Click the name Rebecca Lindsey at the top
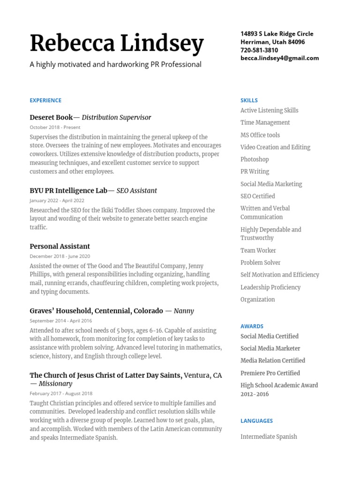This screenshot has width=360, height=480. (x=117, y=44)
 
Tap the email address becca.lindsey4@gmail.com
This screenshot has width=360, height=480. (x=279, y=58)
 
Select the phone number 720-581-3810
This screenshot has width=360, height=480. (x=259, y=50)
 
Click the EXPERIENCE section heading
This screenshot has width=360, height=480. (x=45, y=100)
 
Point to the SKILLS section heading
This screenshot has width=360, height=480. (x=249, y=100)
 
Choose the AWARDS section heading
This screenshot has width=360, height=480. (x=252, y=326)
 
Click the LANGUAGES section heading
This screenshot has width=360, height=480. (x=256, y=421)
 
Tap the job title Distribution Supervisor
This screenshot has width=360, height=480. (x=116, y=118)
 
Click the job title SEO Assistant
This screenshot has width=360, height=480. (x=136, y=191)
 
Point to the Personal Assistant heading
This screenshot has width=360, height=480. (x=60, y=247)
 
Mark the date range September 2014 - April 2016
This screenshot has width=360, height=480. (x=60, y=321)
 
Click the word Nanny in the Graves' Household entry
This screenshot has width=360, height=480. (x=183, y=311)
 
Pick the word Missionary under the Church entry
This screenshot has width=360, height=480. (x=55, y=384)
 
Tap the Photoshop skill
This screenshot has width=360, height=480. (x=255, y=159)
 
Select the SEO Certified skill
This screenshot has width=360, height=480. (x=257, y=196)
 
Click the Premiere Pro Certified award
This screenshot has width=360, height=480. (x=270, y=373)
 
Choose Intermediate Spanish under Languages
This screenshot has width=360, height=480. (x=269, y=437)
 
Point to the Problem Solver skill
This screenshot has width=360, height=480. (x=260, y=263)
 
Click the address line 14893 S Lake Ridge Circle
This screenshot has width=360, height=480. (x=277, y=34)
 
